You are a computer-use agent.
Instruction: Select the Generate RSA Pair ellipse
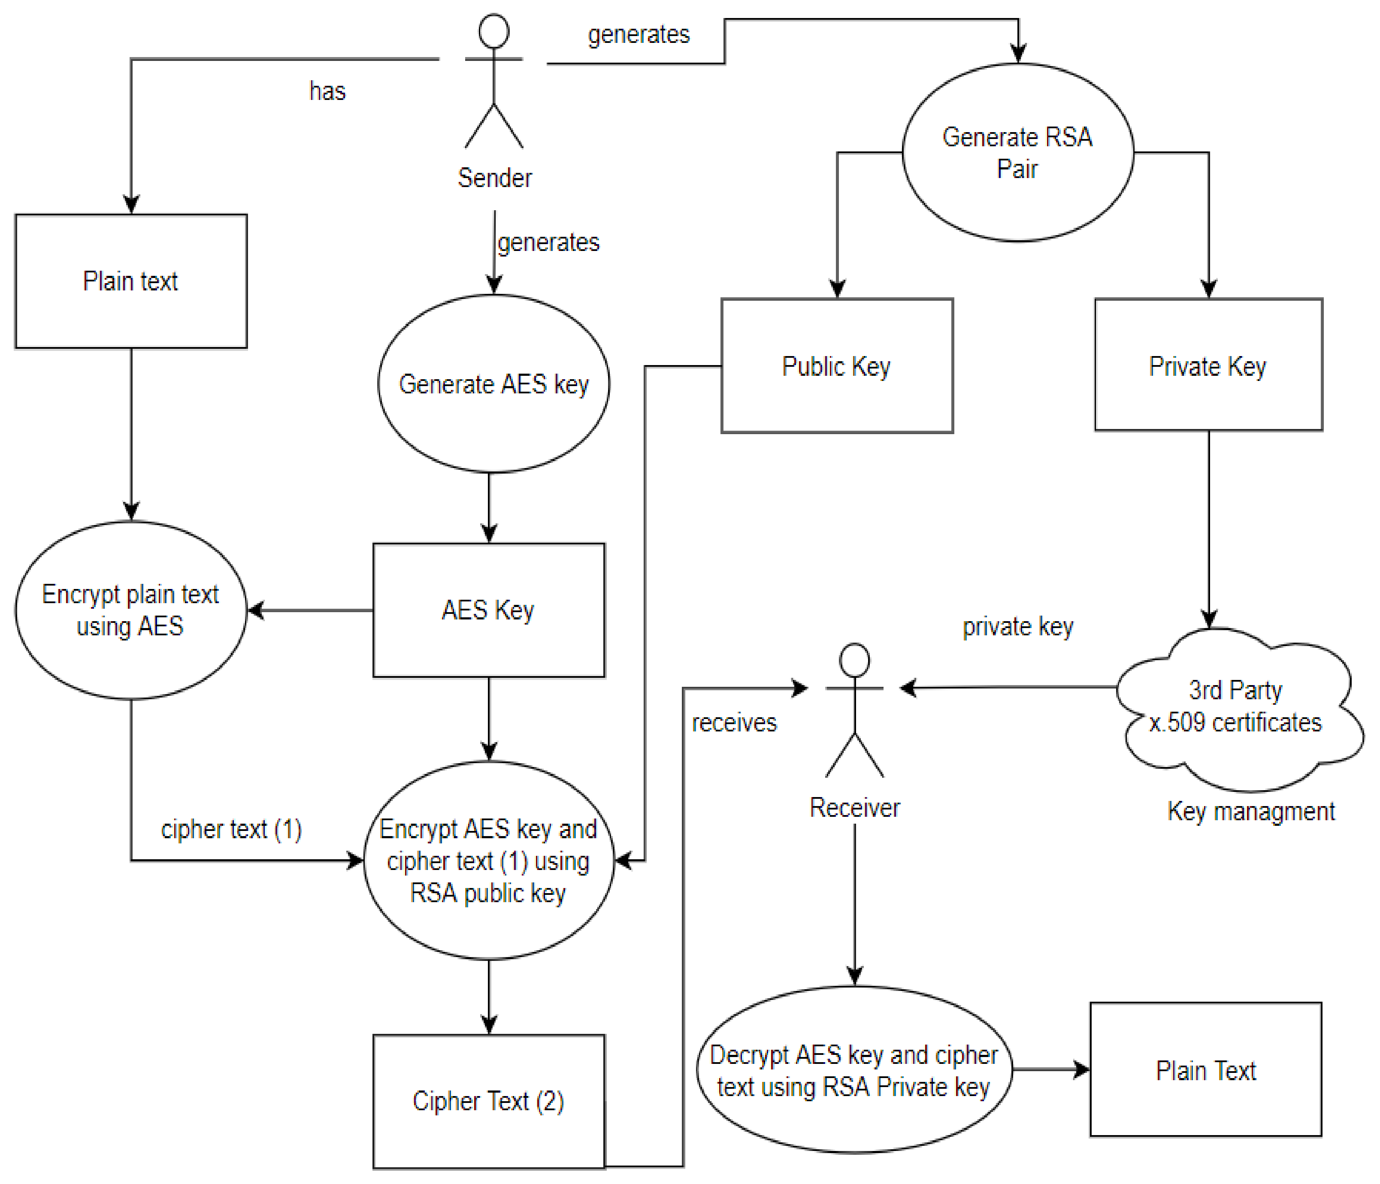pos(1018,152)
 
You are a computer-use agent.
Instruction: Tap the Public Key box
pos(836,365)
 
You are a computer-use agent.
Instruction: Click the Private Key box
pos(1207,365)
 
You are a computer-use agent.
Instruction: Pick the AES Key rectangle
pos(488,610)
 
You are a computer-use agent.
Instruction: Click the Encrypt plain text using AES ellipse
pos(130,610)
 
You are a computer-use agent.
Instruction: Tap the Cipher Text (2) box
pos(488,1102)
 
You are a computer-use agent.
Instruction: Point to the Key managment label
pos(1251,812)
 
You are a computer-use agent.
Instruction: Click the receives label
pos(734,722)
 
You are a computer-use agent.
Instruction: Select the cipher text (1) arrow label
pos(231,829)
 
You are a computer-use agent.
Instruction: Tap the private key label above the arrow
pos(1018,627)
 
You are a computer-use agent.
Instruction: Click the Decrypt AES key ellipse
pos(854,1070)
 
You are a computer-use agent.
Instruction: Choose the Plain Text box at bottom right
pos(1205,1070)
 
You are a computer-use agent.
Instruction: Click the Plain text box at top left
pos(130,281)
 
